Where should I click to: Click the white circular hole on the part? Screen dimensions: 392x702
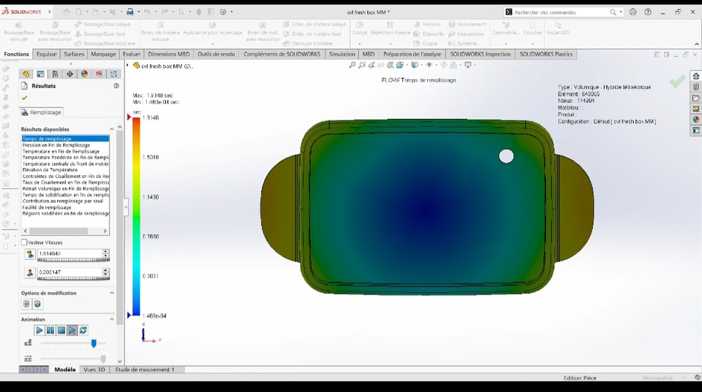[x=506, y=156]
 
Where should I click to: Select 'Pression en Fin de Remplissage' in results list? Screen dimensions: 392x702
[x=56, y=145]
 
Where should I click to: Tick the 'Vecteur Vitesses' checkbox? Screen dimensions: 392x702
[x=24, y=242]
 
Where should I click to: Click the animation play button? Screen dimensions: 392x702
[x=39, y=331]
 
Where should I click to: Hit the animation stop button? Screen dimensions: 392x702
[x=61, y=331]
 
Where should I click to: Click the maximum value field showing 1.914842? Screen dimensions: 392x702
[x=69, y=254]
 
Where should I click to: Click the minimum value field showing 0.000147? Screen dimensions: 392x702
[x=69, y=272]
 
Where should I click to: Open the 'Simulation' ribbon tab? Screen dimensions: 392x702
[x=341, y=54]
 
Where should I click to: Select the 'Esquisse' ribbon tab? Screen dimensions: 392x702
[x=47, y=54]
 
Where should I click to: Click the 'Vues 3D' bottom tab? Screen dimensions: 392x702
[x=94, y=370]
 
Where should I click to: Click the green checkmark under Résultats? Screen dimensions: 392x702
[x=25, y=98]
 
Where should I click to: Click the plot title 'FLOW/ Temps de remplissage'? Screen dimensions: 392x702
[x=418, y=80]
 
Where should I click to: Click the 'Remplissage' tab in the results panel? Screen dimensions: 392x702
[x=45, y=112]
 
